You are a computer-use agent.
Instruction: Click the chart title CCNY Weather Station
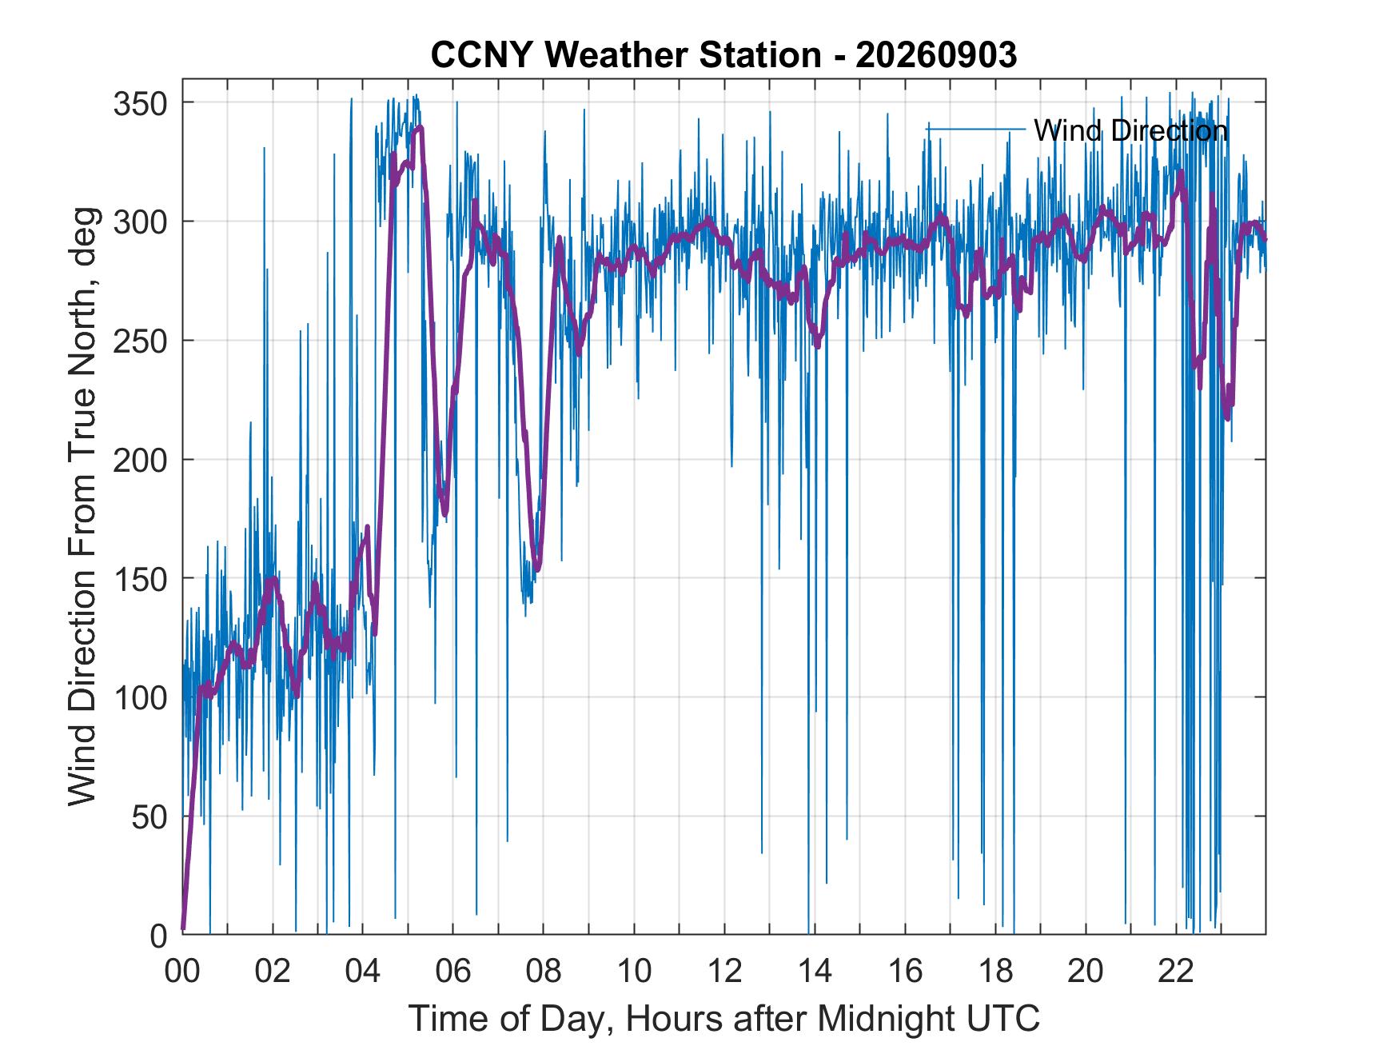625,55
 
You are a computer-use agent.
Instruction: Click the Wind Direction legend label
1130,130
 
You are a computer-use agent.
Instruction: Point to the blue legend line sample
975,129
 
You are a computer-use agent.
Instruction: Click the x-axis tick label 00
182,972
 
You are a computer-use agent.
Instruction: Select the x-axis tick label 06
453,972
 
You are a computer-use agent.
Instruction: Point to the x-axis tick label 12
724,972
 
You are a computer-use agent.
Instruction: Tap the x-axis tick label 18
995,972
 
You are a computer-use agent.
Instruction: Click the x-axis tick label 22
1176,972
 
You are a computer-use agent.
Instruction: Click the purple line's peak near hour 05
420,126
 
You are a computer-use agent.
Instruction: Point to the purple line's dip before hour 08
537,569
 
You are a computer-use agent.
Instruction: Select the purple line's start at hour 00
183,929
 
